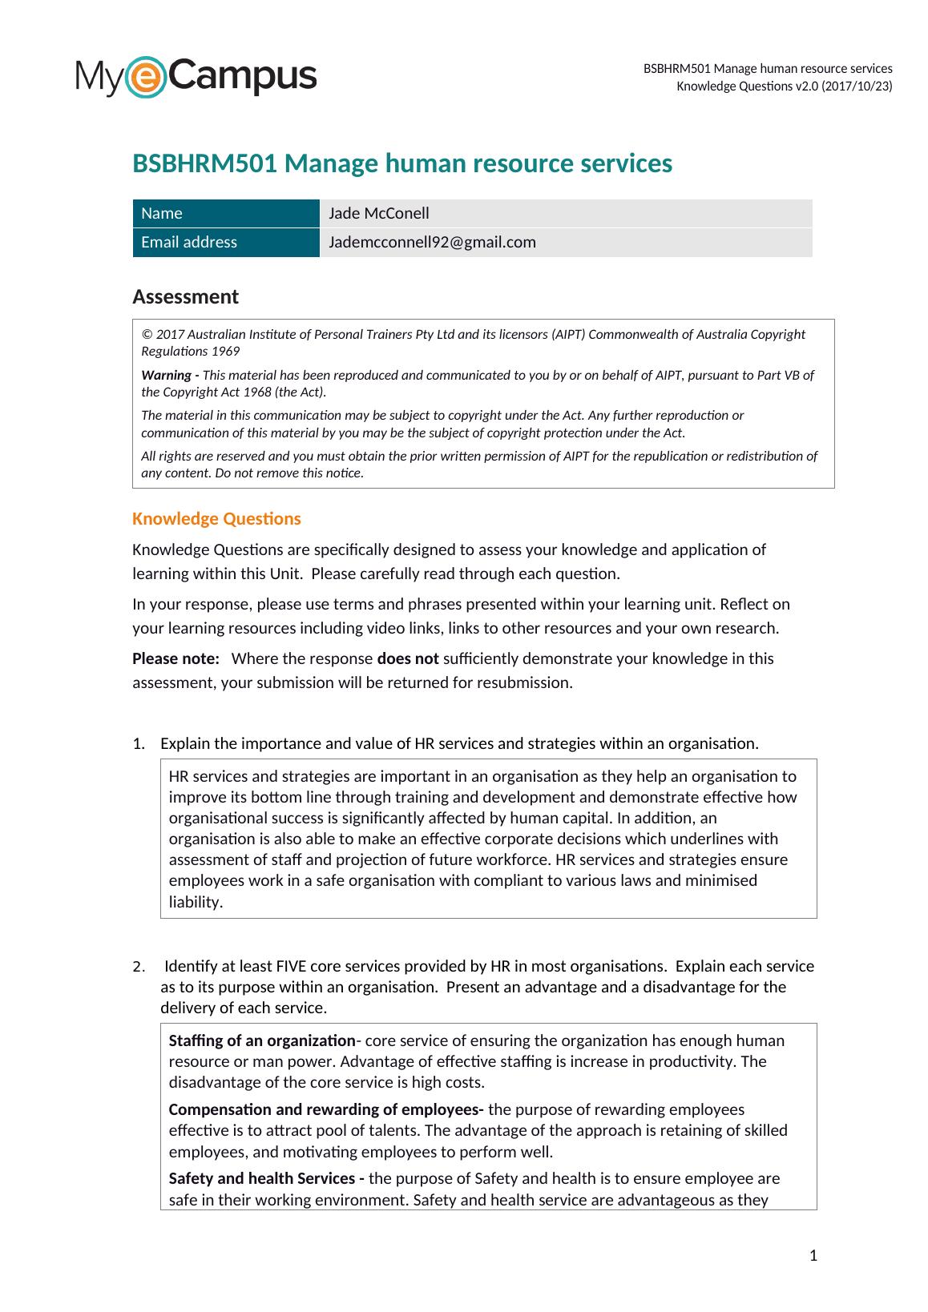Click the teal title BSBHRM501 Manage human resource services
(401, 163)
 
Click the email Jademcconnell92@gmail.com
(432, 242)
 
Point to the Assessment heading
(185, 296)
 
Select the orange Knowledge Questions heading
(216, 518)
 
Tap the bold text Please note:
(176, 658)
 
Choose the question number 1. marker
(139, 743)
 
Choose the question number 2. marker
(139, 966)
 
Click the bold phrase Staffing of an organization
(262, 1040)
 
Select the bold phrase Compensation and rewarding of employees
(325, 1109)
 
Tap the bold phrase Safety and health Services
(267, 1178)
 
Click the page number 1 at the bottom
(813, 1255)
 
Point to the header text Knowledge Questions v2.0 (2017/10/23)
(784, 86)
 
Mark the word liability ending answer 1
(195, 902)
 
